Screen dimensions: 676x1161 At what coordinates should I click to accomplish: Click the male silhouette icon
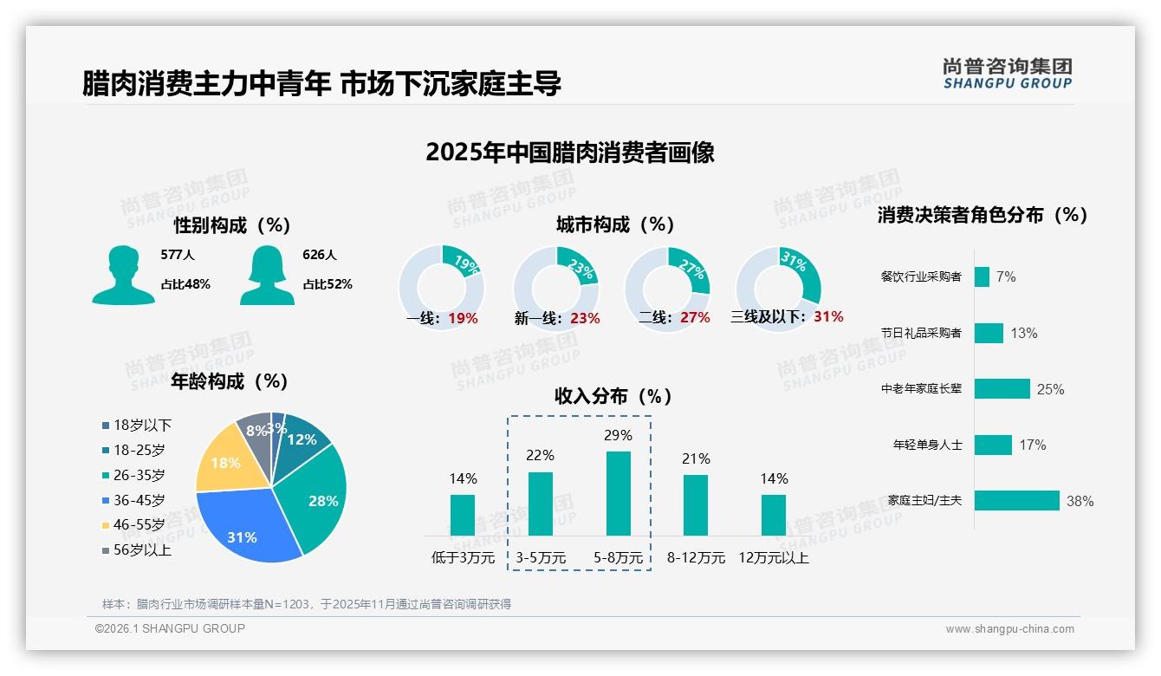(x=124, y=275)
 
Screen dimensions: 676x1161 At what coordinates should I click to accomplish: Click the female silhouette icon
(x=267, y=275)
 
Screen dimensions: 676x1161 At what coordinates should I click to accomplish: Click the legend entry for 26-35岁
(x=139, y=475)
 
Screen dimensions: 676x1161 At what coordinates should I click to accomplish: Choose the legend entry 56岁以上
(x=142, y=549)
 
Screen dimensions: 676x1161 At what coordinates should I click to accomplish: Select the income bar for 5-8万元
(x=619, y=493)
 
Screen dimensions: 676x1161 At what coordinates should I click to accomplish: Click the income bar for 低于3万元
(x=463, y=515)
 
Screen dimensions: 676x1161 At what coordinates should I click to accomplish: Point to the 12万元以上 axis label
(x=774, y=558)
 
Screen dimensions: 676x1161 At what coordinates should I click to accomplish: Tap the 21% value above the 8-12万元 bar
(x=696, y=458)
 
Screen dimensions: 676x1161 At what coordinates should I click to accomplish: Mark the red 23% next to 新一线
(x=585, y=318)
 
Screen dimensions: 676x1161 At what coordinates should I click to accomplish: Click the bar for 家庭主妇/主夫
(x=1017, y=501)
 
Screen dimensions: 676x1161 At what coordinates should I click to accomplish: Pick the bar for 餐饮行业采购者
(x=982, y=276)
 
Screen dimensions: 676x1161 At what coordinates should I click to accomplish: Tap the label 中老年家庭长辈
(x=921, y=389)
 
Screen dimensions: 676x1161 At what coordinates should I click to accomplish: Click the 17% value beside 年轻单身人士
(x=1033, y=445)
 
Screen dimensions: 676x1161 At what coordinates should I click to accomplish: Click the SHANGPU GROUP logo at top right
(x=1008, y=73)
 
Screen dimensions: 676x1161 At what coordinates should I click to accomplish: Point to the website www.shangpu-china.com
(x=1009, y=629)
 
